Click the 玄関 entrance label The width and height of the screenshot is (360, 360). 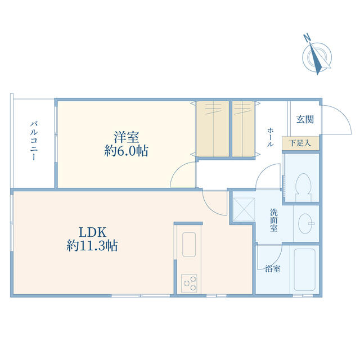[x=305, y=119]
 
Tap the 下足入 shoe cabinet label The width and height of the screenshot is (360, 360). [x=300, y=143]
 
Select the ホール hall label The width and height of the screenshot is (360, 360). [x=270, y=137]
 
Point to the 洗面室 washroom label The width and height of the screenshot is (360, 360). [x=274, y=220]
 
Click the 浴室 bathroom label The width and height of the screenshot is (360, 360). [x=273, y=269]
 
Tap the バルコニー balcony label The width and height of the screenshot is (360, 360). [x=34, y=141]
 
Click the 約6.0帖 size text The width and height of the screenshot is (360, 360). [x=126, y=151]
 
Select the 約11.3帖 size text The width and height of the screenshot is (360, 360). [x=92, y=246]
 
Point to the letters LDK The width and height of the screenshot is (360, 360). [x=92, y=232]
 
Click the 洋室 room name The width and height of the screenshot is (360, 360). [x=127, y=137]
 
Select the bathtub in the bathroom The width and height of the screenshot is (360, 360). [x=305, y=269]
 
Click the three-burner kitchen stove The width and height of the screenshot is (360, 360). [x=189, y=283]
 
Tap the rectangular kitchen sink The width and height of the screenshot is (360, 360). [x=189, y=244]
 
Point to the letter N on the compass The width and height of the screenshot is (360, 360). [x=307, y=38]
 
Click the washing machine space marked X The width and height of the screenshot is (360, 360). [x=244, y=210]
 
